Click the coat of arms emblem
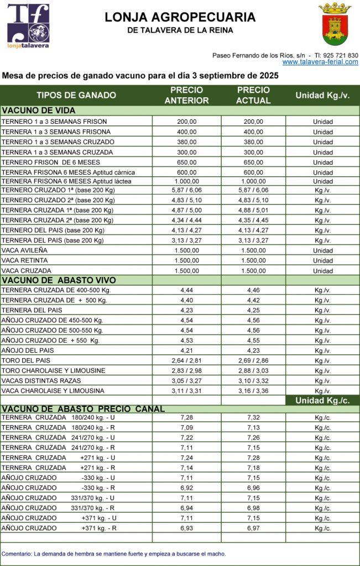tap(335, 23)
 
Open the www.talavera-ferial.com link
tap(320, 62)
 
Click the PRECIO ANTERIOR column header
tap(186, 95)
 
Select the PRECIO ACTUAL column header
tap(253, 95)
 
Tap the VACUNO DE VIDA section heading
tap(39, 111)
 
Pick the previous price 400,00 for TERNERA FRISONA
tap(186, 132)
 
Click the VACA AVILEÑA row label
tap(24, 250)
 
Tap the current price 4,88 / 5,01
tap(253, 210)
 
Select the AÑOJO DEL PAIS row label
tap(27, 350)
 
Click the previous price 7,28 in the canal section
tap(186, 417)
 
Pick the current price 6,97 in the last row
tap(253, 529)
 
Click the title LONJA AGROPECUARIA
tap(180, 18)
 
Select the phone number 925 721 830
tap(340, 55)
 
